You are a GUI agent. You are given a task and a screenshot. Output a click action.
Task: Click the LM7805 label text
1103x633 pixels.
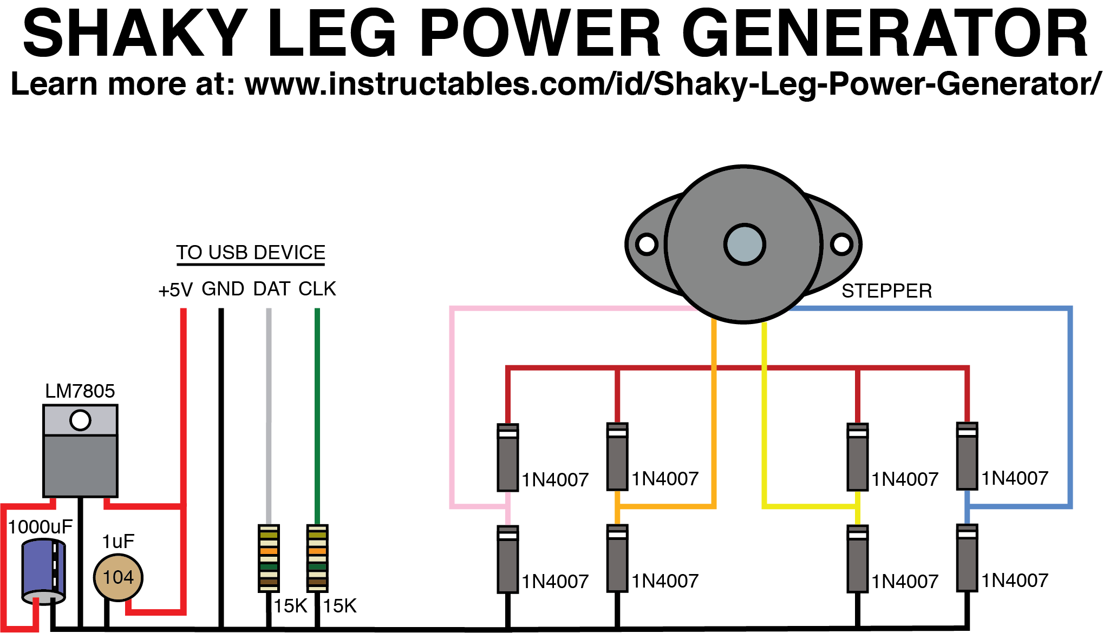[x=80, y=391]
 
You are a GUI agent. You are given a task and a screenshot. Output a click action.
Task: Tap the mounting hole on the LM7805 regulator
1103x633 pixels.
[x=80, y=420]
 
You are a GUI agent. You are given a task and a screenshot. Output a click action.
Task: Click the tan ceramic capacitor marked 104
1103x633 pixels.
[x=118, y=577]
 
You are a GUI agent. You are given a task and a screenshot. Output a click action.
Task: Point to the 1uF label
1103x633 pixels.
[x=118, y=542]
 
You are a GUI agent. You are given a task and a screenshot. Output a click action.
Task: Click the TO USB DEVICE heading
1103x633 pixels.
[x=250, y=253]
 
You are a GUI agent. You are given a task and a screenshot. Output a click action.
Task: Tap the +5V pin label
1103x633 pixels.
[x=175, y=291]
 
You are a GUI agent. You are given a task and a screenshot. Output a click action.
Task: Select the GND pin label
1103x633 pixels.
[x=223, y=289]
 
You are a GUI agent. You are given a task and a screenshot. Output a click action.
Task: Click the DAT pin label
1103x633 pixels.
[x=272, y=289]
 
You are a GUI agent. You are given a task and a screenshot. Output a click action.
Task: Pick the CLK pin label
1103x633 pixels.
[x=317, y=289]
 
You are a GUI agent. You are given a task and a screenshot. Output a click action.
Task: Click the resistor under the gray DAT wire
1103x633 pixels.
[x=269, y=558]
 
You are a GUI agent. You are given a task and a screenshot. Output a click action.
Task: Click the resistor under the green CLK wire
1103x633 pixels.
[x=317, y=558]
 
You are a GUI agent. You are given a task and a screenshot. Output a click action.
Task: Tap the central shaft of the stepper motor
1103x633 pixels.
[x=745, y=245]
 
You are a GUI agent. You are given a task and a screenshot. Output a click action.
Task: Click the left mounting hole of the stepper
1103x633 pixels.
[x=647, y=244]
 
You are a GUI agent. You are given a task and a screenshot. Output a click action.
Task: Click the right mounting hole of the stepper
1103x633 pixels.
[x=841, y=244]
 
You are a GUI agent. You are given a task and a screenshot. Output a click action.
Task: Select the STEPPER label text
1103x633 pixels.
[x=886, y=291]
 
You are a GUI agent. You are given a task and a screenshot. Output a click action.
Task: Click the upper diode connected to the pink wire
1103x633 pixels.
[x=508, y=458]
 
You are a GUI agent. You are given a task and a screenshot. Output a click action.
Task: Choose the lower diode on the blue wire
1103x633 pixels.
[x=967, y=558]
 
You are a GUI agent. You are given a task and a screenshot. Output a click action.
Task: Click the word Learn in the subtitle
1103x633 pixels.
[x=54, y=85]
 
